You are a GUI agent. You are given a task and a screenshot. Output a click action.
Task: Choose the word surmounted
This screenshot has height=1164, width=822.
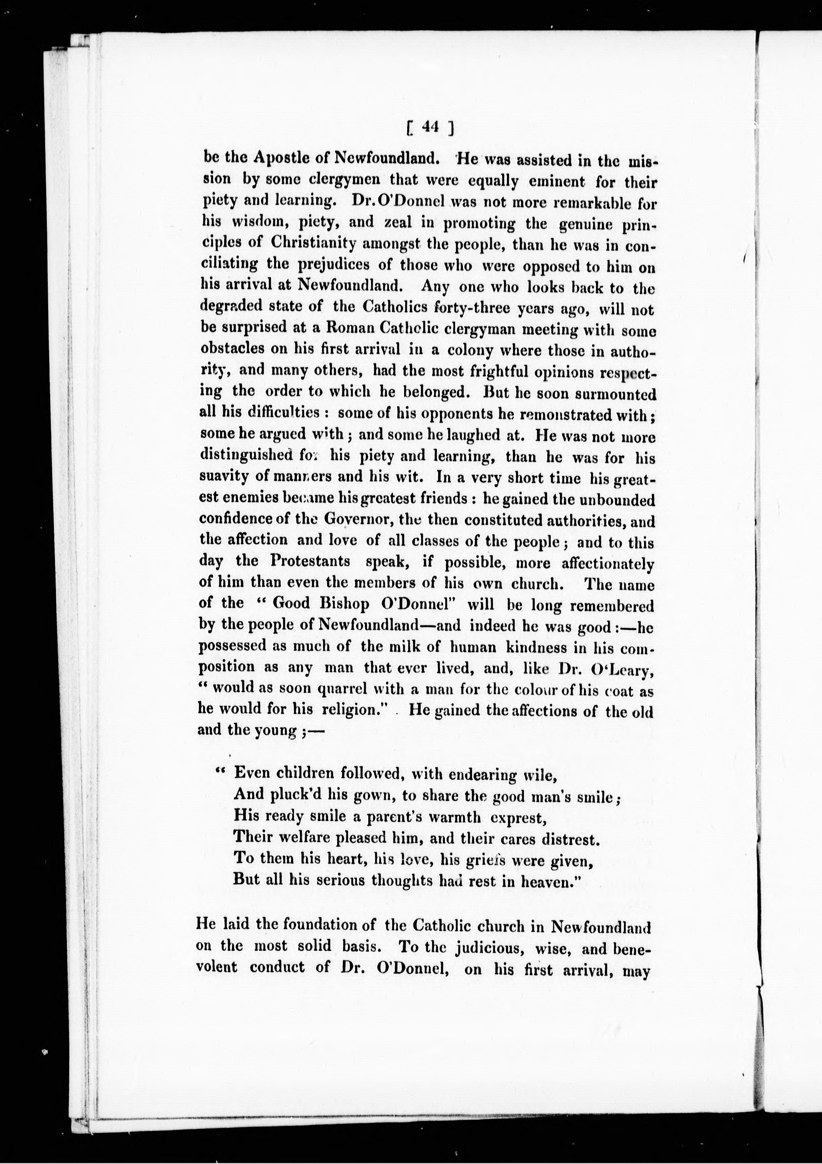[x=614, y=394]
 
